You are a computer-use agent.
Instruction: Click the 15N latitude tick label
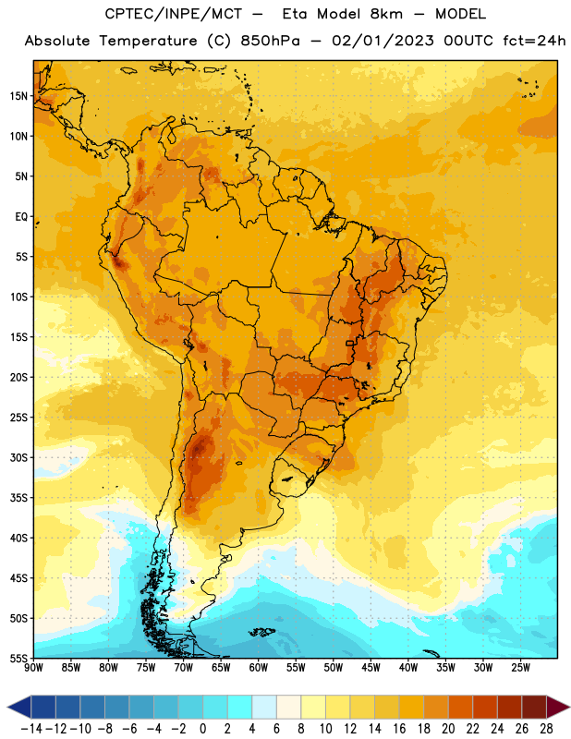click(x=18, y=96)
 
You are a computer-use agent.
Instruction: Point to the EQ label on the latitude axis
click(x=21, y=217)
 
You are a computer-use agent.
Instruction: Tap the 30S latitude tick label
click(x=18, y=457)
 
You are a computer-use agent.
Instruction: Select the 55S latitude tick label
click(x=18, y=659)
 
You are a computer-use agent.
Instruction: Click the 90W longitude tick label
click(x=33, y=668)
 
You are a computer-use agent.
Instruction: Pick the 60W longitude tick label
click(x=259, y=668)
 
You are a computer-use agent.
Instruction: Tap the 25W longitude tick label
click(x=520, y=668)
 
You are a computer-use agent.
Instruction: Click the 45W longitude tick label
click(x=371, y=668)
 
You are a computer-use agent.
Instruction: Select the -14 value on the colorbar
click(x=31, y=729)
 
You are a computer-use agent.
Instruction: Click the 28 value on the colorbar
click(x=546, y=729)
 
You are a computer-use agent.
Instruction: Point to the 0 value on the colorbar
click(x=202, y=729)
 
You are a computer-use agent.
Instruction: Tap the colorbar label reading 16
click(x=399, y=729)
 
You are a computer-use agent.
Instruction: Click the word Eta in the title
click(x=295, y=14)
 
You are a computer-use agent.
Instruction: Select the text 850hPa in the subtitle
click(x=270, y=41)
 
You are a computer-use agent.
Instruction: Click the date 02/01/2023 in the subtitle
click(x=383, y=41)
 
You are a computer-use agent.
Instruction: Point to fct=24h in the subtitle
click(x=534, y=41)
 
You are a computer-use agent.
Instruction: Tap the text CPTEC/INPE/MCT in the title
click(x=174, y=14)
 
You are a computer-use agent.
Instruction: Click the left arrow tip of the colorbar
click(x=7, y=708)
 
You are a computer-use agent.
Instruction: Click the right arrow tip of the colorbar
click(x=570, y=708)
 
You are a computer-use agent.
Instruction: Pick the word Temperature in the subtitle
click(x=148, y=41)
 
